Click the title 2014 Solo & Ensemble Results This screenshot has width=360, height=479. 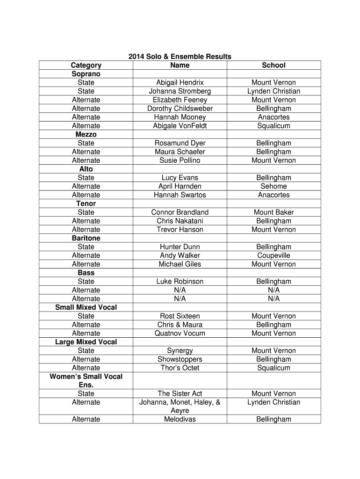tap(180, 57)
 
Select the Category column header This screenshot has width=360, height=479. tap(86, 65)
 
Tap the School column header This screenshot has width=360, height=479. tap(274, 65)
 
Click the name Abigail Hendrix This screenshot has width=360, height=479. tap(180, 83)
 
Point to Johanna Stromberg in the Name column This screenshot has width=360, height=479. tap(180, 91)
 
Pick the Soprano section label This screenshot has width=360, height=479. tap(86, 74)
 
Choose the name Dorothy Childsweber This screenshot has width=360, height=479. tap(180, 109)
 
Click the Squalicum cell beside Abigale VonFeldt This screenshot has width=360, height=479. tap(274, 126)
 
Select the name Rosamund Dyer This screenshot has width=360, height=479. tap(180, 143)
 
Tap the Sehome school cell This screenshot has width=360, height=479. tap(274, 186)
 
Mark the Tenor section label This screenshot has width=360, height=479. tap(86, 203)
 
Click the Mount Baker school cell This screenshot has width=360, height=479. tap(274, 212)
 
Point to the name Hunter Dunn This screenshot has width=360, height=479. tap(180, 247)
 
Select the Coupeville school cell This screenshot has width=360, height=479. tap(274, 255)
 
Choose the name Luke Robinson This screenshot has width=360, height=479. tap(180, 282)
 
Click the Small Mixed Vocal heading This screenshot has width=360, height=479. tap(86, 307)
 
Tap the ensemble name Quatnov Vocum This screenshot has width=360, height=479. tap(180, 334)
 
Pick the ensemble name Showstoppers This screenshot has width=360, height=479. tap(180, 359)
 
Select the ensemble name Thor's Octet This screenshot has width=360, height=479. tap(180, 368)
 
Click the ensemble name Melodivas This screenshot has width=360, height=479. tap(180, 420)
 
